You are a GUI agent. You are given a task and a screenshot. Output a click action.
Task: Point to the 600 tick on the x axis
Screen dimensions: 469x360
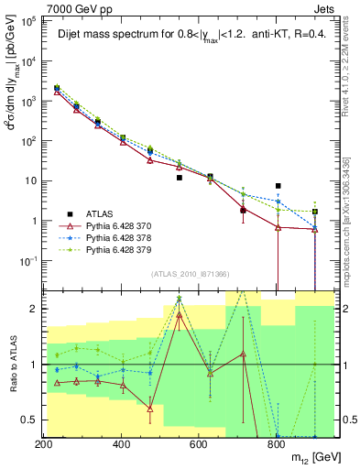[x=200, y=444]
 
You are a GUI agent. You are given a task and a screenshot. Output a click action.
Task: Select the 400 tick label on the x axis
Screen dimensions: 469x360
[x=122, y=444]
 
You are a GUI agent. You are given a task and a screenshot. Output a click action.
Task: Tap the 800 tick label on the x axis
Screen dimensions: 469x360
[x=278, y=444]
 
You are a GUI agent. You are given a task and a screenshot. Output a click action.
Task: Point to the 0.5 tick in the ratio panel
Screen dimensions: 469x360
[x=31, y=420]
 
